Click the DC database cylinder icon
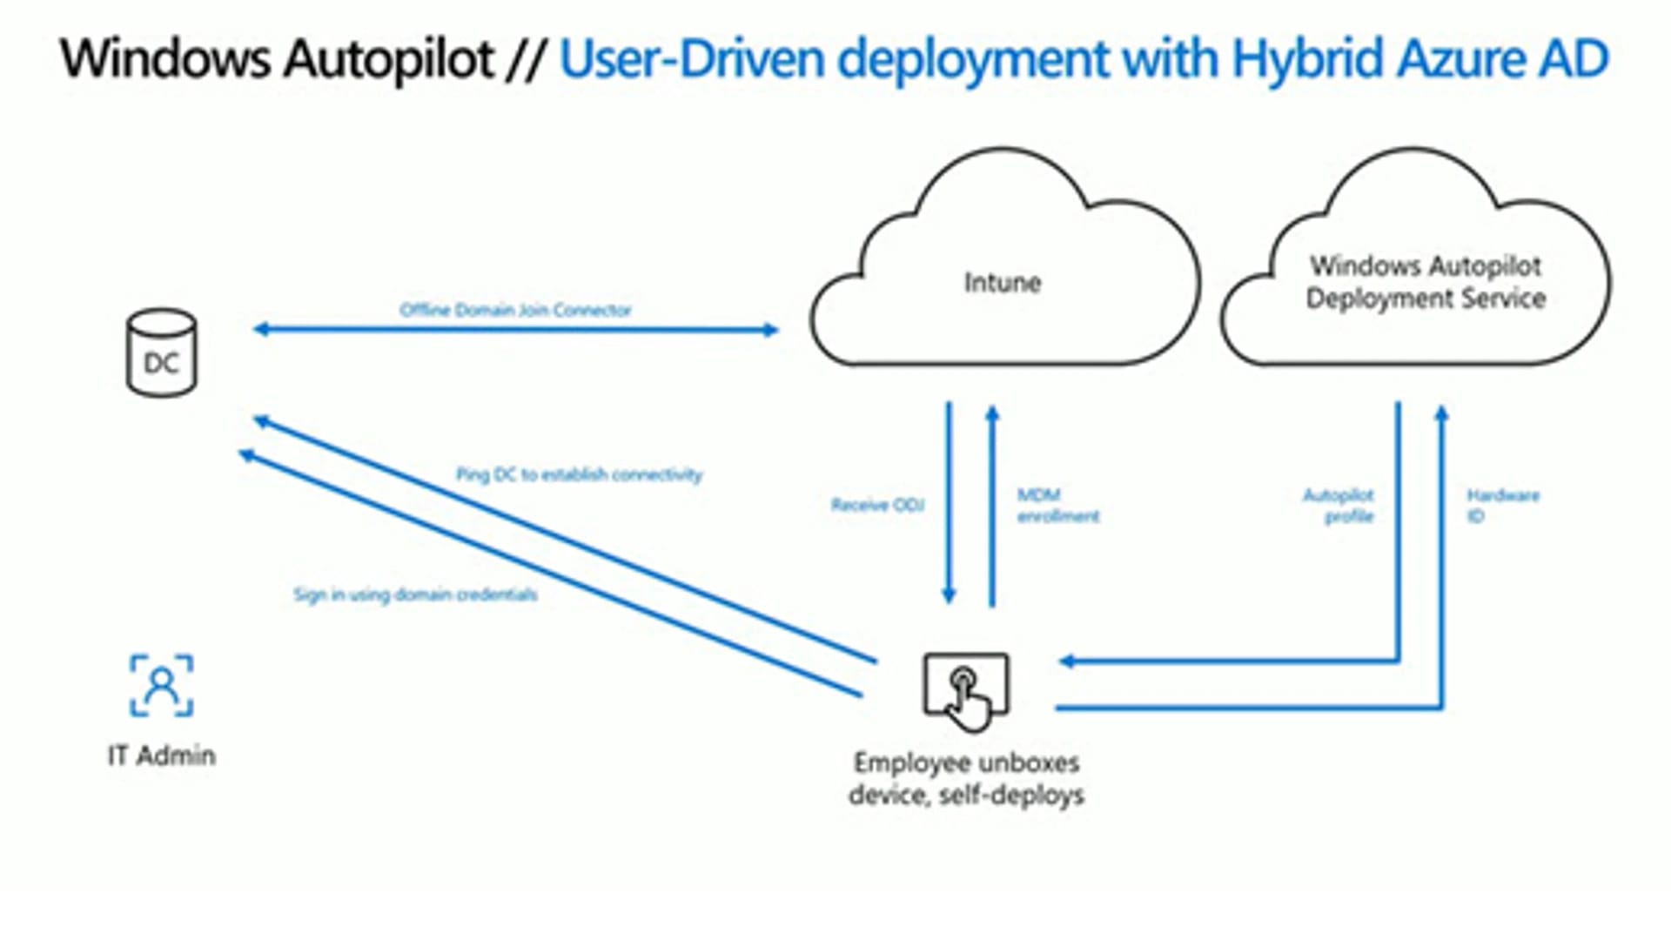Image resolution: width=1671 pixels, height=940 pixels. pyautogui.click(x=161, y=353)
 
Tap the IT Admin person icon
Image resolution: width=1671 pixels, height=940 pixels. pyautogui.click(x=161, y=686)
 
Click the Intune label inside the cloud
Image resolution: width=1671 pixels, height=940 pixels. pyautogui.click(x=1002, y=283)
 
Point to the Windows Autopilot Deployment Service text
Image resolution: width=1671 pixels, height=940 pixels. pyautogui.click(x=1426, y=282)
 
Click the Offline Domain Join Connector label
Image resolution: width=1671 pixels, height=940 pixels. pyautogui.click(x=515, y=310)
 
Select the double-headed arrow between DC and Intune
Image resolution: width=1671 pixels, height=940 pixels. pyautogui.click(x=515, y=330)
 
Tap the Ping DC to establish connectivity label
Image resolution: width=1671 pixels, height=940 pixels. pyautogui.click(x=579, y=474)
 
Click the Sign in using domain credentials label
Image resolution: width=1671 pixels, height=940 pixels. pyautogui.click(x=415, y=594)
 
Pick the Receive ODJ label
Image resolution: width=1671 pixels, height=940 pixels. pyautogui.click(x=877, y=505)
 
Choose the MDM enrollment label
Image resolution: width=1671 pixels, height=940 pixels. pyautogui.click(x=1057, y=506)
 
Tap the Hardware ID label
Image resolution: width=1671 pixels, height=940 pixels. pyautogui.click(x=1502, y=506)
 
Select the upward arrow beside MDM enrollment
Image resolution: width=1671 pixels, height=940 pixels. pyautogui.click(x=992, y=505)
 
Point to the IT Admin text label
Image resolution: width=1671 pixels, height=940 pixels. pyautogui.click(x=161, y=755)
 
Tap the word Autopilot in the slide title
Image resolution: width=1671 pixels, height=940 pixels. pyautogui.click(x=388, y=59)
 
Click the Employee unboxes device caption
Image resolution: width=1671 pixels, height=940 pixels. pyautogui.click(x=966, y=778)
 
